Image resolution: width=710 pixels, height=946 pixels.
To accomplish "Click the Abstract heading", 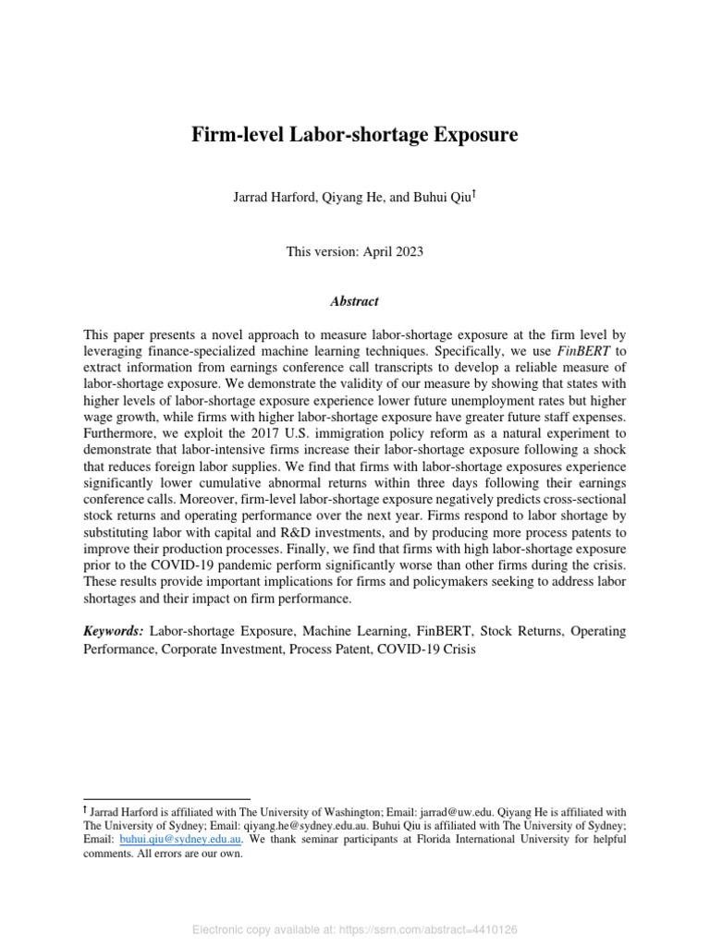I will (354, 301).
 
